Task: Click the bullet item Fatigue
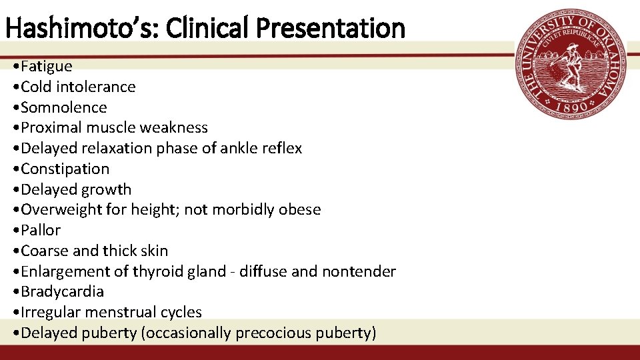tap(46, 66)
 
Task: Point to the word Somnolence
tap(64, 107)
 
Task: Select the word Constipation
tap(65, 169)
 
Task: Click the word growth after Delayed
tap(106, 189)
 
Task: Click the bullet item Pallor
tap(41, 230)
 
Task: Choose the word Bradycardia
tap(63, 291)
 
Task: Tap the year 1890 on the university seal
tap(571, 105)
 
